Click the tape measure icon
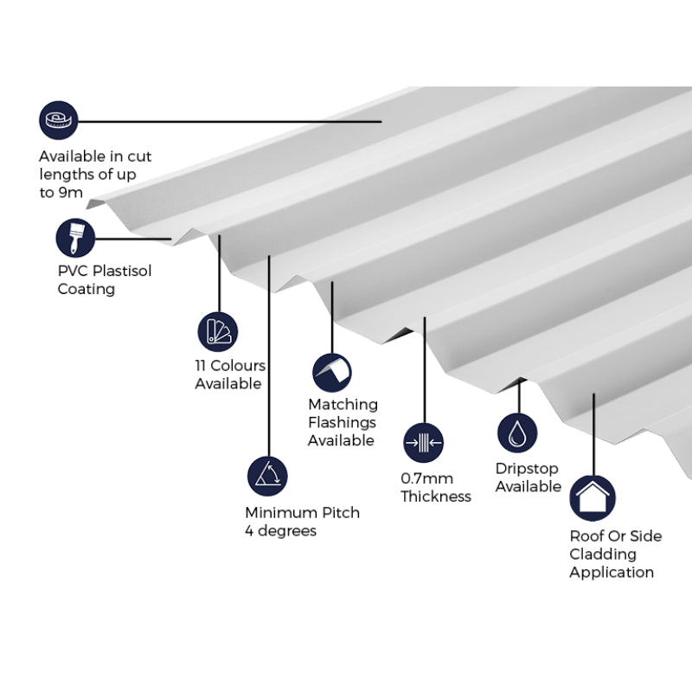point(58,120)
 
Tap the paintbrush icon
point(75,237)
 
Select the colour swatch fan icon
point(217,331)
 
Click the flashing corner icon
point(332,372)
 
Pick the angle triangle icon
point(266,476)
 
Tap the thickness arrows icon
point(424,443)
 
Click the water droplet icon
point(517,432)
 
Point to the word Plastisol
point(121,271)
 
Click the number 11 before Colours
point(202,366)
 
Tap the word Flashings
point(342,423)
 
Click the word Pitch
point(340,512)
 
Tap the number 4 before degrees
point(250,530)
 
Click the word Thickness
point(436,497)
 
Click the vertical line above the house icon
point(593,432)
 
